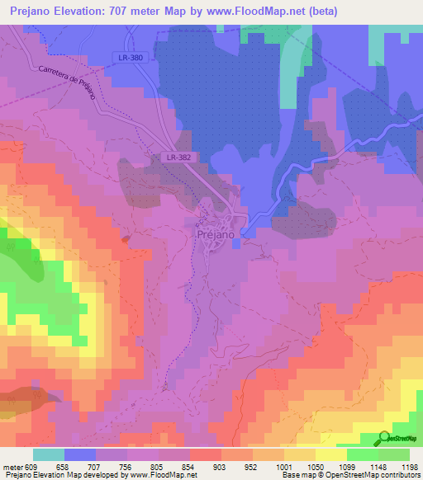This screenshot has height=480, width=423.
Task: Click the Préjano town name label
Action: (218, 233)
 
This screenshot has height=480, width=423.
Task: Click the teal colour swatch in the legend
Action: (49, 454)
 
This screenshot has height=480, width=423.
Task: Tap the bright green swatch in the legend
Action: (363, 454)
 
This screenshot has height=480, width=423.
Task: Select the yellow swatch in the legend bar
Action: (331, 454)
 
